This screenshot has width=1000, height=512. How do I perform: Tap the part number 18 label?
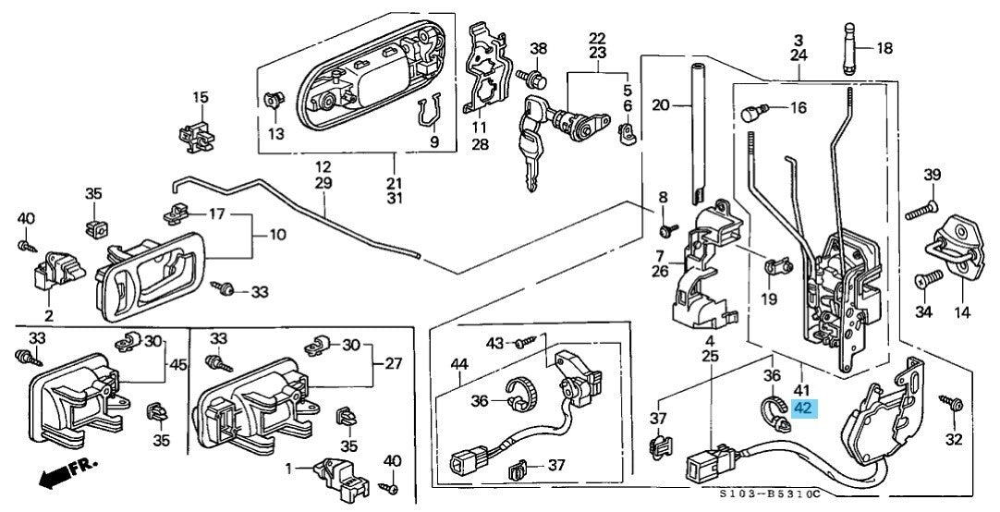[x=884, y=48]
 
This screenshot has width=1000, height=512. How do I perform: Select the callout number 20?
[x=660, y=105]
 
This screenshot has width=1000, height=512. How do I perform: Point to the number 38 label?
[x=538, y=48]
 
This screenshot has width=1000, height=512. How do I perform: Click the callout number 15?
[x=201, y=97]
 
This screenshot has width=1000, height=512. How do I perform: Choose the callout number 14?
[x=962, y=312]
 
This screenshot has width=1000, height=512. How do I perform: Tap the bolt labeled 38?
[x=530, y=73]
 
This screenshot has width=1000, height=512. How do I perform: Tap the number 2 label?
[x=48, y=314]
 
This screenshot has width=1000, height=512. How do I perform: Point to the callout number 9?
[x=433, y=141]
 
